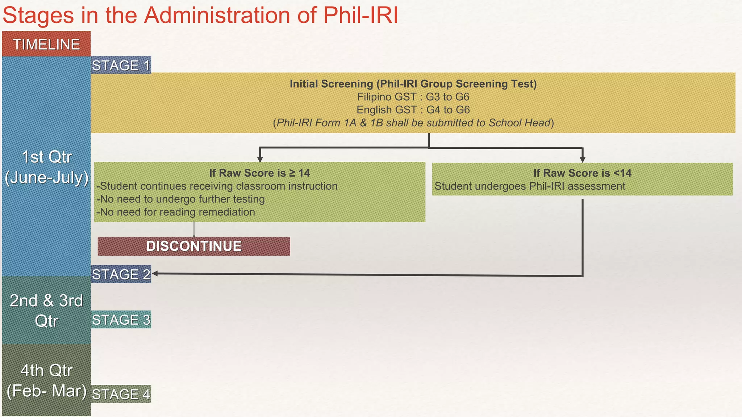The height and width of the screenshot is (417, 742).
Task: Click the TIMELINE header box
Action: click(46, 44)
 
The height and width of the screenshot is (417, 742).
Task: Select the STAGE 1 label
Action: click(121, 66)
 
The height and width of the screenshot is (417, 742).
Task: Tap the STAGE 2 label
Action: click(121, 274)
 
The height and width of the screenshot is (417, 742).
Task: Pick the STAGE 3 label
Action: click(121, 320)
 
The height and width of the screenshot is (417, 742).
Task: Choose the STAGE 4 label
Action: click(121, 394)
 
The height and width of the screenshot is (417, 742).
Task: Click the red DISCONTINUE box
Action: click(194, 247)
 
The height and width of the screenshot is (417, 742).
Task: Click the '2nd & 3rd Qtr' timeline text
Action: click(46, 311)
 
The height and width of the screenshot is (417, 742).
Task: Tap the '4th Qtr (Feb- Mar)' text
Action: click(46, 380)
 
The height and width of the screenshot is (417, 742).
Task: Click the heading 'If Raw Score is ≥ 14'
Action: click(259, 173)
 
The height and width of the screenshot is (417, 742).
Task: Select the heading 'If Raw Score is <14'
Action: click(582, 173)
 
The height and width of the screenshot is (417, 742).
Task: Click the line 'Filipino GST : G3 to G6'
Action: click(413, 97)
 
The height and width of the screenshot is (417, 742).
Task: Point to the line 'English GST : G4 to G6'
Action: click(413, 110)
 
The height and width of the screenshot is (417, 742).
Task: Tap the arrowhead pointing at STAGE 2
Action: click(155, 274)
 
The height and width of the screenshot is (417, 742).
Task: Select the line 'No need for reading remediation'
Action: click(176, 212)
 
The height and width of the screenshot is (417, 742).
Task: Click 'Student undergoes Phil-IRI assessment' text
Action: click(530, 186)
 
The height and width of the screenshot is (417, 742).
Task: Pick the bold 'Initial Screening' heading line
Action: click(413, 84)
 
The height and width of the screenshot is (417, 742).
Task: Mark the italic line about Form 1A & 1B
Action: click(413, 123)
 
